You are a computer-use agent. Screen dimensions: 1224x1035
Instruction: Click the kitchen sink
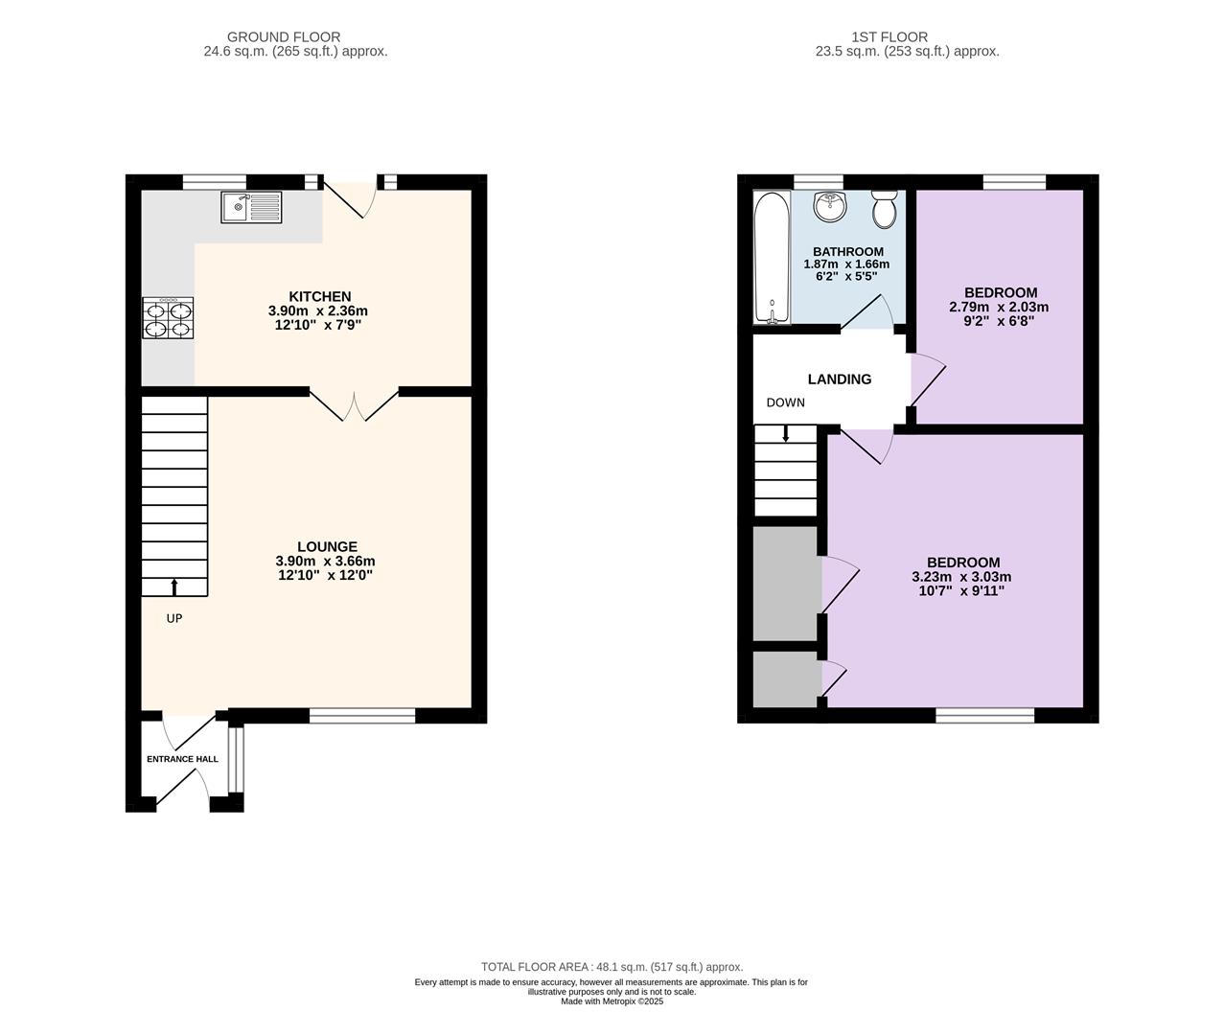(251, 207)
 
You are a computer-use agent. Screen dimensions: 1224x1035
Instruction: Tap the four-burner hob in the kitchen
(168, 317)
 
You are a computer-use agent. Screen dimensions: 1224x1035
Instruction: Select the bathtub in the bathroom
(773, 258)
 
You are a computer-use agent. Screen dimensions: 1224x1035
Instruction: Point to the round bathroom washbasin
(830, 207)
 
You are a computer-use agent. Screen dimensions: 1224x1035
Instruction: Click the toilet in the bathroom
(885, 210)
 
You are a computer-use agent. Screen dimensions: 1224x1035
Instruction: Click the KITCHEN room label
(320, 296)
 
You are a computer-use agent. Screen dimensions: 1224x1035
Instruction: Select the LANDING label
(840, 379)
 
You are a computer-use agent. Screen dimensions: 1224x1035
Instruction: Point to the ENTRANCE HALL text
(182, 759)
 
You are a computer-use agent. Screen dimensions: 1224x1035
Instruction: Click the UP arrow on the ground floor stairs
(174, 587)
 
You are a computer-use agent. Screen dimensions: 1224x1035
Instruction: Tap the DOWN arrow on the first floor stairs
(786, 434)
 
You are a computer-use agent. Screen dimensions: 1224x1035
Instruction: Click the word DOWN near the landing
(786, 402)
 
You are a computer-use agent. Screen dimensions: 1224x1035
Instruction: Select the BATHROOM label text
(848, 252)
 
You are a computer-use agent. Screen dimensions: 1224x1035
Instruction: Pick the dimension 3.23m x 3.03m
(961, 577)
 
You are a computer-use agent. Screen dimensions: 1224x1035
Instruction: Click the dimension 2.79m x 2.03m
(999, 308)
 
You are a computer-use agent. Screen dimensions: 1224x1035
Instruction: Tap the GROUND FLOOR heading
(284, 37)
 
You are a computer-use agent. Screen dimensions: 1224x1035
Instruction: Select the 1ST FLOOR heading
(889, 37)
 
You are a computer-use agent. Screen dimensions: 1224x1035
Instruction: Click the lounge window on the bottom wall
(362, 717)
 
